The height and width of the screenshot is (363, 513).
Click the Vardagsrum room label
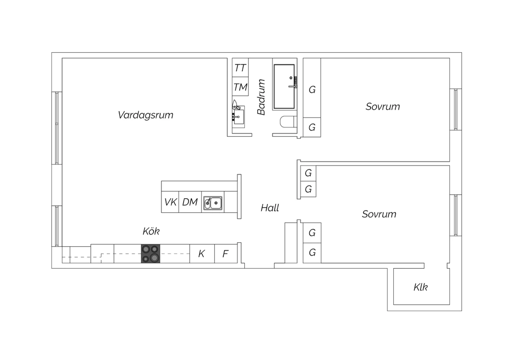pyautogui.click(x=145, y=115)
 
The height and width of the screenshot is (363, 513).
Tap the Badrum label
pyautogui.click(x=261, y=97)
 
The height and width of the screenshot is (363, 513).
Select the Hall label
pyautogui.click(x=270, y=208)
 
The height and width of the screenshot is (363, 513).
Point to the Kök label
pyautogui.click(x=151, y=231)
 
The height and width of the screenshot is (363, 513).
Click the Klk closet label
pyautogui.click(x=420, y=287)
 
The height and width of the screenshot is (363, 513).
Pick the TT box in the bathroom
pyautogui.click(x=240, y=68)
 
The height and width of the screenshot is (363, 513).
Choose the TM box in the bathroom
pyautogui.click(x=240, y=86)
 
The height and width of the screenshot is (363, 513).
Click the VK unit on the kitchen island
pyautogui.click(x=170, y=202)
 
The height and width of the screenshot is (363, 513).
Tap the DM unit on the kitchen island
pyautogui.click(x=190, y=202)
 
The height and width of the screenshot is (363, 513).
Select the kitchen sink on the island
pyautogui.click(x=213, y=203)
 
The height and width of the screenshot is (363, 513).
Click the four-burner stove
pyautogui.click(x=150, y=254)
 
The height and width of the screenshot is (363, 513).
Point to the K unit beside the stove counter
pyautogui.click(x=202, y=254)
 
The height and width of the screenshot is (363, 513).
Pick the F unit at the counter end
pyautogui.click(x=226, y=254)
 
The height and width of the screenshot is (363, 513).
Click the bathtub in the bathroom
pyautogui.click(x=284, y=86)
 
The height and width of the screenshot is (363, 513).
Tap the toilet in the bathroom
pyautogui.click(x=288, y=122)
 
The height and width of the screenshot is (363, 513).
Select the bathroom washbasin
pyautogui.click(x=238, y=117)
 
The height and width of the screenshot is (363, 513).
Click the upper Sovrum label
pyautogui.click(x=383, y=107)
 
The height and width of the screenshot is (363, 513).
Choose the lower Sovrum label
pyautogui.click(x=379, y=214)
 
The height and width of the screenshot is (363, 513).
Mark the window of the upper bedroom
pyautogui.click(x=456, y=109)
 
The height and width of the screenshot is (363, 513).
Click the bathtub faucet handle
pyautogui.click(x=292, y=86)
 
